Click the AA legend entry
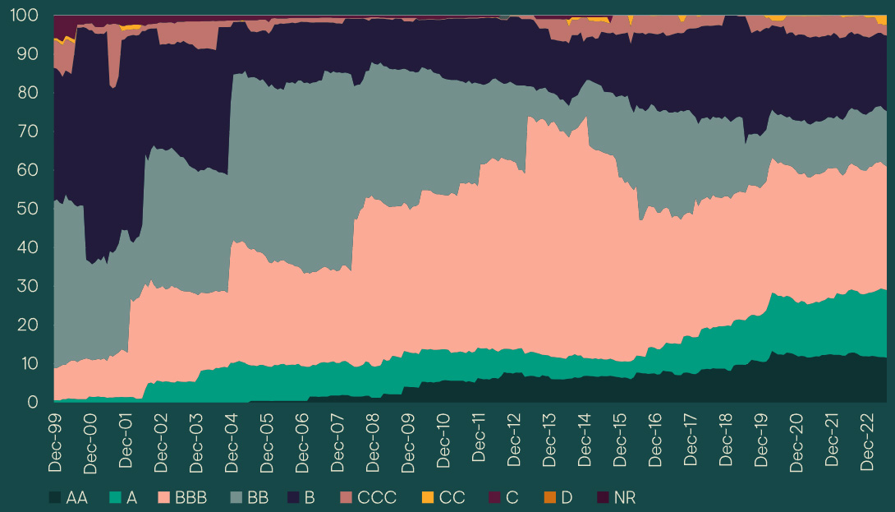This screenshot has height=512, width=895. [68, 497]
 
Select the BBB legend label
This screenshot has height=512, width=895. [190, 497]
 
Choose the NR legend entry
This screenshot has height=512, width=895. [616, 497]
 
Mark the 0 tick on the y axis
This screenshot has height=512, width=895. [34, 402]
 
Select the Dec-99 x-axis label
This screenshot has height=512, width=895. [55, 442]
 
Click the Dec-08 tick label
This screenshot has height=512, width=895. [373, 442]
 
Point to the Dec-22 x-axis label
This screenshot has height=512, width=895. [867, 442]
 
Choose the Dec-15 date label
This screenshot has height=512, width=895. [620, 442]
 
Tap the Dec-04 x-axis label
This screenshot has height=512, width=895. [232, 442]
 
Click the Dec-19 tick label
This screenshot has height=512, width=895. [761, 442]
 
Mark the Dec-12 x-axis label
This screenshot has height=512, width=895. [514, 442]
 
